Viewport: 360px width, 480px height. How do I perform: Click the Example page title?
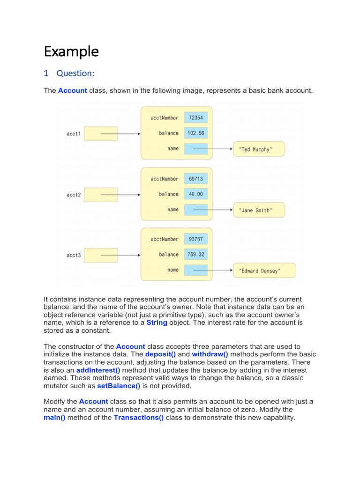click(x=71, y=51)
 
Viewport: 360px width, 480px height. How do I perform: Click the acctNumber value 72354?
click(x=195, y=118)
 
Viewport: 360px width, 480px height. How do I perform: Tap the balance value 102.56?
click(x=195, y=133)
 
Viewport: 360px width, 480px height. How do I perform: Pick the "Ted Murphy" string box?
click(x=259, y=150)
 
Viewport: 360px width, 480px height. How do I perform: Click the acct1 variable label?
click(x=74, y=134)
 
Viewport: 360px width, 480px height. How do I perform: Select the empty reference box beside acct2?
click(x=101, y=195)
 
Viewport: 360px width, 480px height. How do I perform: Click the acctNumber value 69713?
click(x=195, y=179)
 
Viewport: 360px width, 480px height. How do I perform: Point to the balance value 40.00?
click(x=195, y=194)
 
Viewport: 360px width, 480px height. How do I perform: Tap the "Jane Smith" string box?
click(x=259, y=210)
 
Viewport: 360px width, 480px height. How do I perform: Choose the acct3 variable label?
click(x=74, y=255)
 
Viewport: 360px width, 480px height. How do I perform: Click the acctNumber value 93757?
click(x=195, y=239)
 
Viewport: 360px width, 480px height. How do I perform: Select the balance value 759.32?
click(x=195, y=255)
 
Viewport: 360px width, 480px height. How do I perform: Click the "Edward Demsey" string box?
click(x=264, y=270)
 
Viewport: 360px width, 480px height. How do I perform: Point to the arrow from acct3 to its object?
click(x=121, y=255)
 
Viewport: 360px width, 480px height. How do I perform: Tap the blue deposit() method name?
click(x=160, y=354)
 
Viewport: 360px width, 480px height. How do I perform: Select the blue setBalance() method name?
click(x=119, y=386)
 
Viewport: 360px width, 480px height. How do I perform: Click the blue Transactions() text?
click(x=139, y=418)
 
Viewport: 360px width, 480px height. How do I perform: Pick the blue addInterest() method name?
click(x=98, y=370)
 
